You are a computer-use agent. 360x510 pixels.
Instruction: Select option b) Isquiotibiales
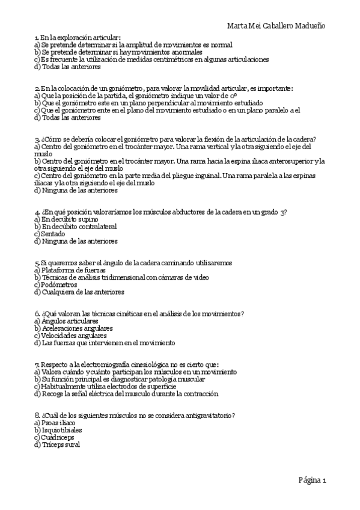(x=58, y=430)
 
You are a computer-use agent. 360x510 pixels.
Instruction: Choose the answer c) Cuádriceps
(x=55, y=437)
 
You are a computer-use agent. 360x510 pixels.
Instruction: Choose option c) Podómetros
(x=56, y=285)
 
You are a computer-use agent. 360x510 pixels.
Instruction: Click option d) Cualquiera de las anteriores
(x=79, y=292)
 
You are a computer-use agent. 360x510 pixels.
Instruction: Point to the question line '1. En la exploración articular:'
(x=78, y=37)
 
